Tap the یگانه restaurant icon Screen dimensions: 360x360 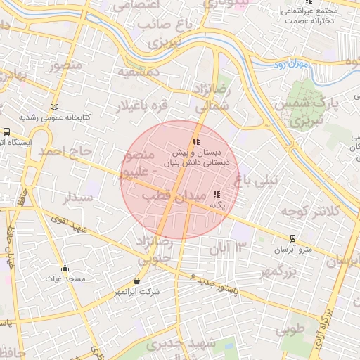coord(217,194)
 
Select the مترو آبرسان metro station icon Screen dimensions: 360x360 coord(292,238)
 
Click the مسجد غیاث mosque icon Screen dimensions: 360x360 coord(65,268)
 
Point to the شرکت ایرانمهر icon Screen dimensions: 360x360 coord(136,281)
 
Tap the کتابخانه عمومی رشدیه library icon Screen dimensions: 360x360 coord(55,106)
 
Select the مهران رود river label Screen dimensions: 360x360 coord(290,65)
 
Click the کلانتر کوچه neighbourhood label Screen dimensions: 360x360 coord(310,210)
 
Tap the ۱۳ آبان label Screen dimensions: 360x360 coord(230,247)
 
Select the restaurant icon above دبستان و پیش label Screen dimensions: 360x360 coord(196,141)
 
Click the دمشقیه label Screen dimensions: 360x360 coord(139,72)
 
